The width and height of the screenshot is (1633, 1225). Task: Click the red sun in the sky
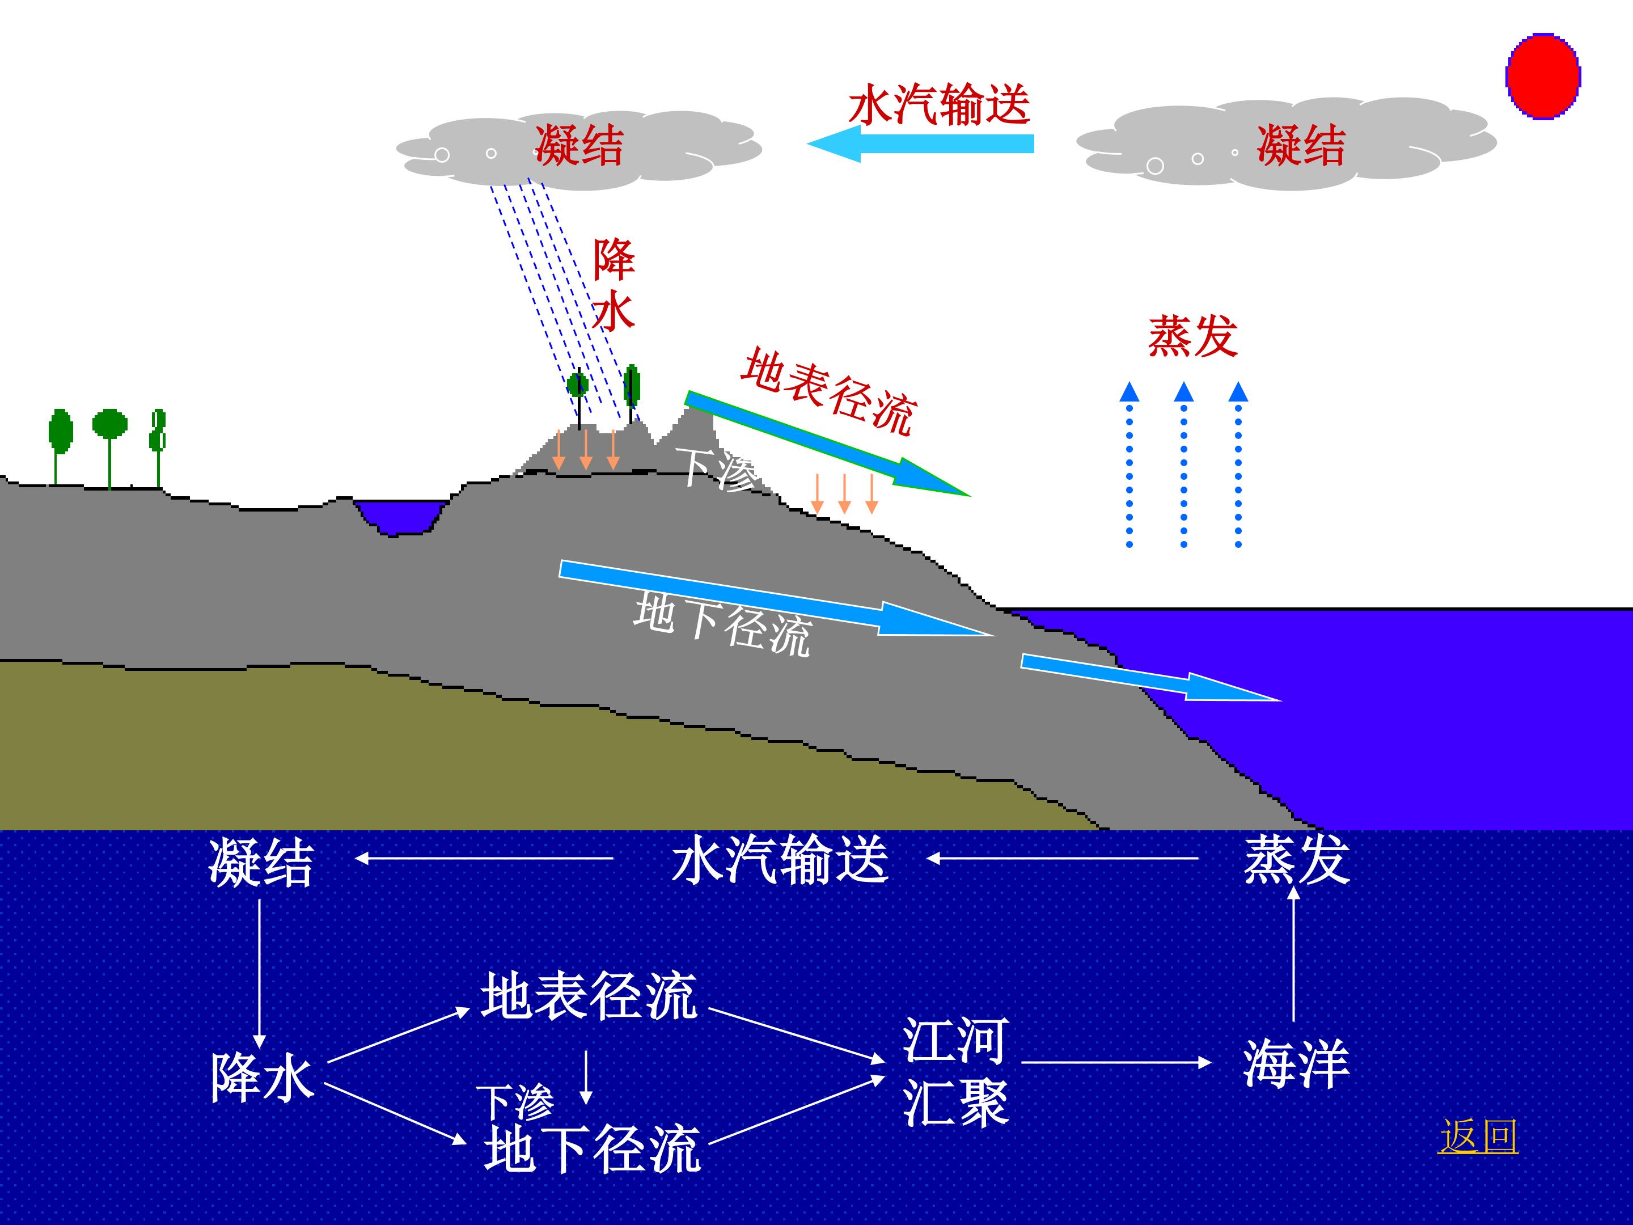coord(1543,76)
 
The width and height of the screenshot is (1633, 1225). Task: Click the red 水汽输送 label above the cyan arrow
coord(939,105)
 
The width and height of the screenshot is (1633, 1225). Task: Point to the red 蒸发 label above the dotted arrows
coord(1192,337)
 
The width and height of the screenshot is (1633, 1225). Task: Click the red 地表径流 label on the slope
coord(828,391)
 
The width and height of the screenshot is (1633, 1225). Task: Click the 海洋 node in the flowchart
coord(1296,1064)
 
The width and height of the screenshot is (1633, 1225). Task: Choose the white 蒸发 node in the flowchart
coord(1296,860)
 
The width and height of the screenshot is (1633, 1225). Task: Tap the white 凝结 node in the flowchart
coord(261,863)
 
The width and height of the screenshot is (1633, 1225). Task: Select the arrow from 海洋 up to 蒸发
coord(1293,953)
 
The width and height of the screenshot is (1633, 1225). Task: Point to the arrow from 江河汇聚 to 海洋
coord(1115,1063)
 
